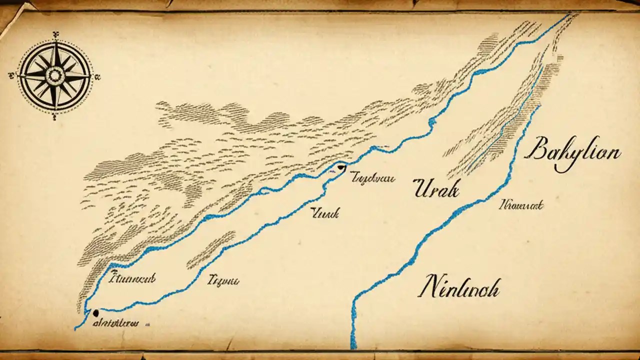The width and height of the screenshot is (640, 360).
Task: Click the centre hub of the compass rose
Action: click(x=54, y=75)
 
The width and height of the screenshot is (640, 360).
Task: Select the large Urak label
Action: click(x=436, y=189)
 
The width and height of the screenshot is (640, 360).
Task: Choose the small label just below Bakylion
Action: click(x=521, y=204)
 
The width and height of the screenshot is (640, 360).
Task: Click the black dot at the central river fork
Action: click(x=341, y=167)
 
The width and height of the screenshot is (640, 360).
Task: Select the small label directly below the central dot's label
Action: click(x=325, y=213)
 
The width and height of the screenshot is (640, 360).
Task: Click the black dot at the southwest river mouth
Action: click(x=95, y=312)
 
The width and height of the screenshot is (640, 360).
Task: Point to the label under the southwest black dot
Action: click(x=116, y=322)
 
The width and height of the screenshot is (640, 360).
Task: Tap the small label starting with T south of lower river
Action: click(x=222, y=280)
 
